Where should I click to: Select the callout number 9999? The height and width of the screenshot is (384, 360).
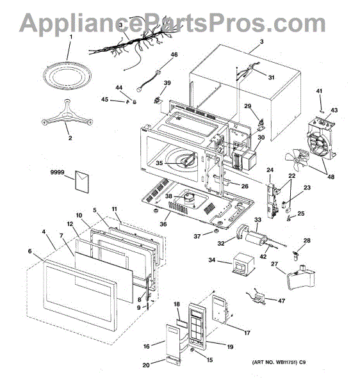[x=58, y=172]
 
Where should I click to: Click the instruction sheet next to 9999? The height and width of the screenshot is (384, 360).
[x=82, y=182]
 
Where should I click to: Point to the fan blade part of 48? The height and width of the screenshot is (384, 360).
[x=295, y=159]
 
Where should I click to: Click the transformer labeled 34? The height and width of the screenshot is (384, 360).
[x=243, y=264]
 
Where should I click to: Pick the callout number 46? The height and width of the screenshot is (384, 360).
[x=174, y=54]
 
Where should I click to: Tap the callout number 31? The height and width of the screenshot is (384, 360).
[x=271, y=77]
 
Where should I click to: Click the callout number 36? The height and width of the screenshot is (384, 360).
[x=163, y=224]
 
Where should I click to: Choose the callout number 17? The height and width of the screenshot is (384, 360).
[x=247, y=333]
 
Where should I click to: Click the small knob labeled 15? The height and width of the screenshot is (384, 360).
[x=192, y=351]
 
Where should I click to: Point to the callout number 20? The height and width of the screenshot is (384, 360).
[x=146, y=365]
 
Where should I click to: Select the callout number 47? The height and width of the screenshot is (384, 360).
[x=282, y=301]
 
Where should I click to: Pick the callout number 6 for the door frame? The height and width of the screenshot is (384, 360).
[x=30, y=252]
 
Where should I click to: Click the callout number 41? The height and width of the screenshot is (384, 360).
[x=319, y=91]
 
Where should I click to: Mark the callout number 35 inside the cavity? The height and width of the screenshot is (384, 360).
[x=160, y=163]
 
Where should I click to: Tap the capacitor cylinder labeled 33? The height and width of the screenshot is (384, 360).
[x=255, y=238]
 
